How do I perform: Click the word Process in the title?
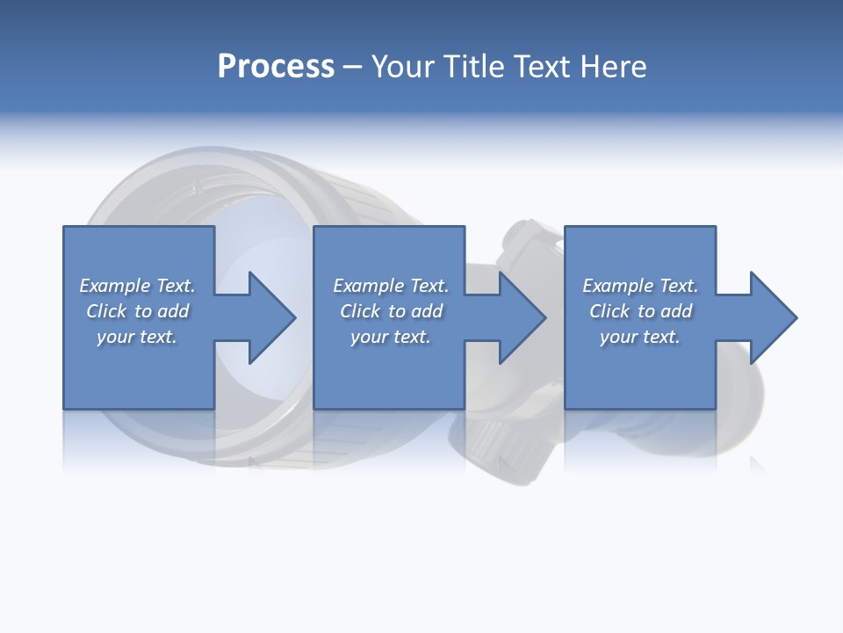[x=276, y=67]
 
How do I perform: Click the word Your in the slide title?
[x=404, y=67]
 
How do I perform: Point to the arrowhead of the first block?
[x=270, y=317]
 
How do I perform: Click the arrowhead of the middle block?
[x=522, y=317]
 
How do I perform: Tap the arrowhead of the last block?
[x=773, y=317]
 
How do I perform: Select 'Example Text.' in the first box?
[x=137, y=286]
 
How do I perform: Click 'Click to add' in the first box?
[x=137, y=311]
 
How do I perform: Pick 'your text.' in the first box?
[x=137, y=337]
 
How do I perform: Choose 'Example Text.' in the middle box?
[x=391, y=286]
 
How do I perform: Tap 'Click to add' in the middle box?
[x=391, y=311]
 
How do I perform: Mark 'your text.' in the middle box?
[x=391, y=337]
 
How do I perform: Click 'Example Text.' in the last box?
[x=640, y=286]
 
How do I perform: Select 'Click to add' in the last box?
[x=640, y=311]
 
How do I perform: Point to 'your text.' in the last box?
[x=640, y=337]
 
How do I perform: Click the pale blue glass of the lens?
[x=263, y=255]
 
